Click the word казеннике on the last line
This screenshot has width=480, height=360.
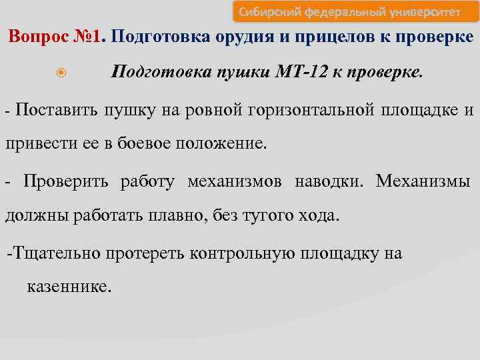click(70, 287)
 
